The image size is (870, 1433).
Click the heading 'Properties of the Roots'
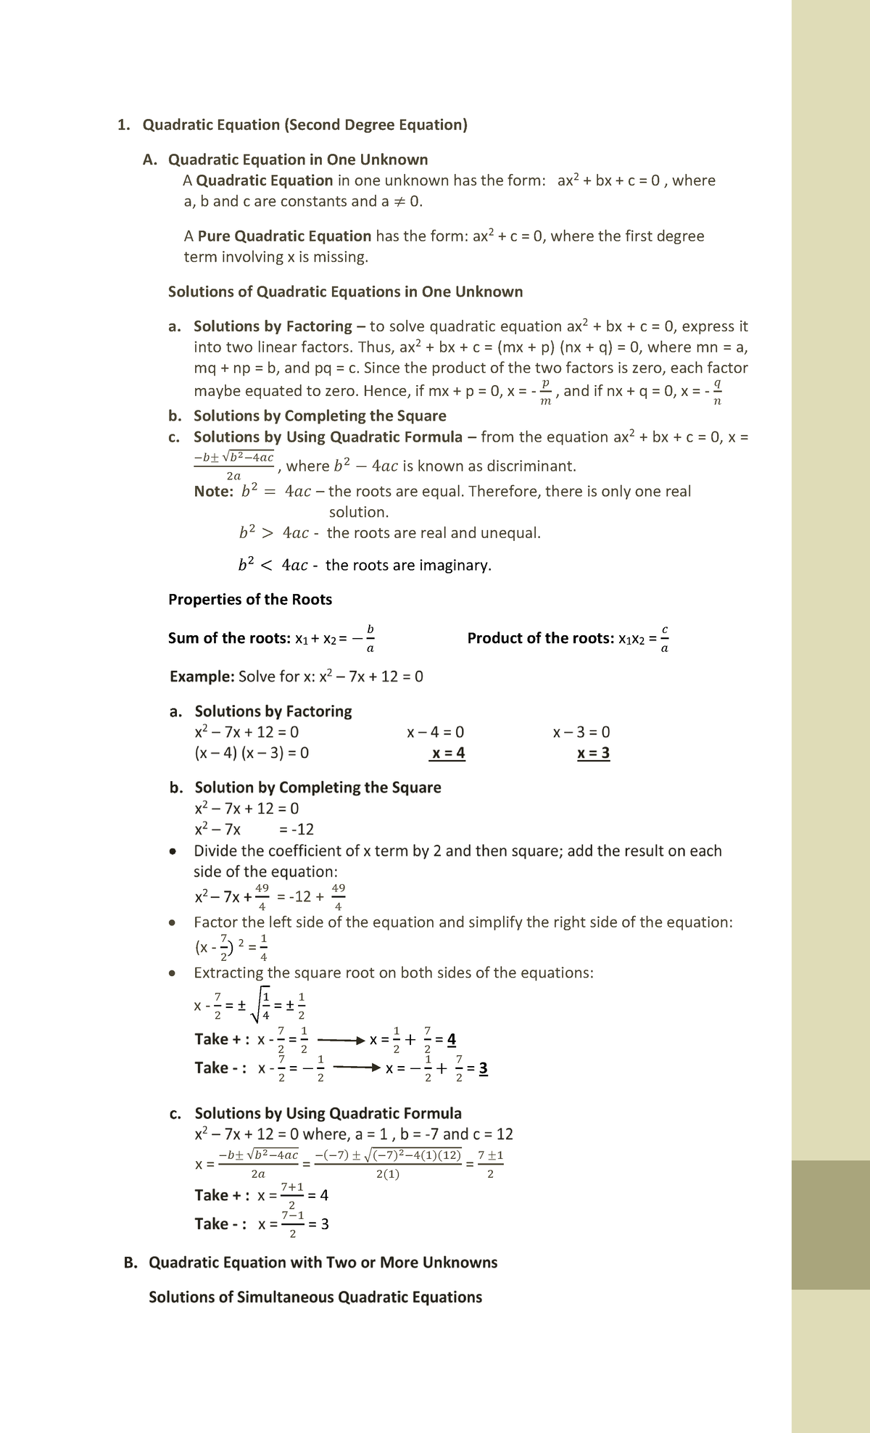250,600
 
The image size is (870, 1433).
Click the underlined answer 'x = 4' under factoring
447,753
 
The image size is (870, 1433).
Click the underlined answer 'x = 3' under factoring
593,753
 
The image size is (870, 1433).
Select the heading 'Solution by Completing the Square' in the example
318,788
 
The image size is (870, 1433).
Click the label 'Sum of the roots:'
229,638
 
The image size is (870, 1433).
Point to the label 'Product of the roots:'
541,638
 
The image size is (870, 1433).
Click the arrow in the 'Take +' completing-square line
341,1041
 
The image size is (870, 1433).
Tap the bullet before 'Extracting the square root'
172,973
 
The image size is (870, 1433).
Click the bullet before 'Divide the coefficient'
172,851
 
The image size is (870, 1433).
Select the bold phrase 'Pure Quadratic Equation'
284,236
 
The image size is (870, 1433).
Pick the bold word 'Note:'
214,492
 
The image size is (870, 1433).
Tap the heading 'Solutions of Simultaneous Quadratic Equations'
315,1297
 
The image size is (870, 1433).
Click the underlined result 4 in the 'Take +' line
452,1041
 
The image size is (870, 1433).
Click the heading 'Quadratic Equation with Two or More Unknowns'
323,1263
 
